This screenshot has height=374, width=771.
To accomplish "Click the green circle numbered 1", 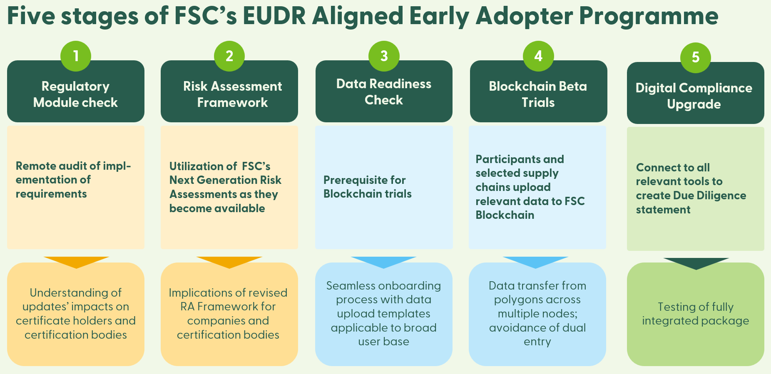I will [76, 56].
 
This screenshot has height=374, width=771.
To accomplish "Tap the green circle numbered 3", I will [384, 56].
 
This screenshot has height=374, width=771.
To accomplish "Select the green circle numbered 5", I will [695, 57].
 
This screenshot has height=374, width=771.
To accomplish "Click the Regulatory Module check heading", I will [75, 94].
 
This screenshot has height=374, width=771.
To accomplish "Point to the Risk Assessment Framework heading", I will [232, 94].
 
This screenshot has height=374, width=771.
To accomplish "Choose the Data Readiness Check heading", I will [383, 92].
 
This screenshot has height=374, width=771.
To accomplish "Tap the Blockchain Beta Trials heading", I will [538, 94].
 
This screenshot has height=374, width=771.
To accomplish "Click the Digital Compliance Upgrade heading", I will [694, 96].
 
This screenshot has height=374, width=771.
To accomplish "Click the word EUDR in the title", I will [274, 17].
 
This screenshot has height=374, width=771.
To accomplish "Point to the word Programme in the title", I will [649, 17].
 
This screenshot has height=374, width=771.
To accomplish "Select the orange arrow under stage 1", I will [76, 262].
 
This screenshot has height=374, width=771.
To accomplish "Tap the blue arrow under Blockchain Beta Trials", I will [535, 262].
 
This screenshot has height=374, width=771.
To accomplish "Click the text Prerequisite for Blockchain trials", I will [367, 187].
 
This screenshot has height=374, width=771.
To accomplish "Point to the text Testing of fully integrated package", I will [695, 314].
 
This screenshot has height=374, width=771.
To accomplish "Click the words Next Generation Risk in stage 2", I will [225, 180].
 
